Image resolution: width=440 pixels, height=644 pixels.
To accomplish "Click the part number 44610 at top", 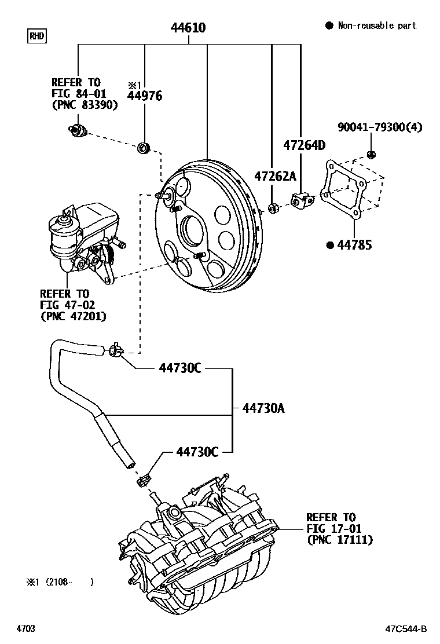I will pyautogui.click(x=188, y=28).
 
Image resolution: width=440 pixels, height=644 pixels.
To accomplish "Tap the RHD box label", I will pyautogui.click(x=36, y=36).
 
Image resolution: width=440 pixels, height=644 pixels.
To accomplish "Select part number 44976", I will pyautogui.click(x=145, y=96).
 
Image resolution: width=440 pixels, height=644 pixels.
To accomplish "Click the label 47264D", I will pyautogui.click(x=304, y=145).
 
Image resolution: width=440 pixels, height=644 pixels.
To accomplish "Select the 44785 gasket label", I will pyautogui.click(x=355, y=245).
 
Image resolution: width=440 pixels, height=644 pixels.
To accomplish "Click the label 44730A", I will pyautogui.click(x=263, y=409).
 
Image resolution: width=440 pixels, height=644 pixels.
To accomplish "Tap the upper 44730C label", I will pyautogui.click(x=180, y=368).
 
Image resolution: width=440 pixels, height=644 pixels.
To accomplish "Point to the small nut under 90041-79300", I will pyautogui.click(x=371, y=154).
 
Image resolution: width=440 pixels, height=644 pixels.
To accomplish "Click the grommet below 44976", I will pyautogui.click(x=143, y=149).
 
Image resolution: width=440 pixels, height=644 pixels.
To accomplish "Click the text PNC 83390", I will pyautogui.click(x=85, y=105).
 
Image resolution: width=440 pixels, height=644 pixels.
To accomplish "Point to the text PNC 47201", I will pyautogui.click(x=73, y=316).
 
